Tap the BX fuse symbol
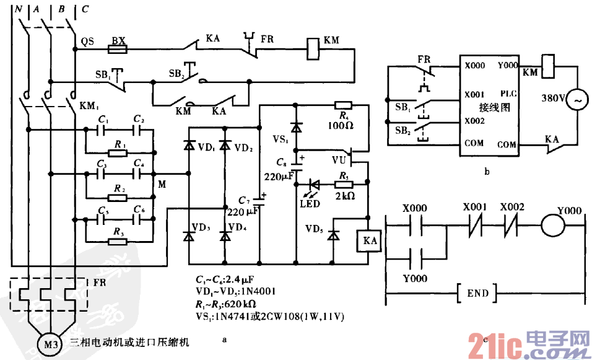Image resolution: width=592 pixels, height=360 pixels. click(x=118, y=48)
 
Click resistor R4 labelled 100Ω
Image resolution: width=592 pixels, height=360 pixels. click(x=342, y=105)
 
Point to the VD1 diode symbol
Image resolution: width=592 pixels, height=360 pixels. click(x=188, y=146)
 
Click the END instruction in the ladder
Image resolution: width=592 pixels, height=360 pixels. click(x=477, y=293)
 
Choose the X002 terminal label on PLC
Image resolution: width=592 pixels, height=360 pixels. click(x=474, y=121)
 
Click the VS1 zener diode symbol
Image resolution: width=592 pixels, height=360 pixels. click(x=296, y=128)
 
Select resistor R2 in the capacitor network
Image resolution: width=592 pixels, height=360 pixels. click(x=118, y=197)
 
